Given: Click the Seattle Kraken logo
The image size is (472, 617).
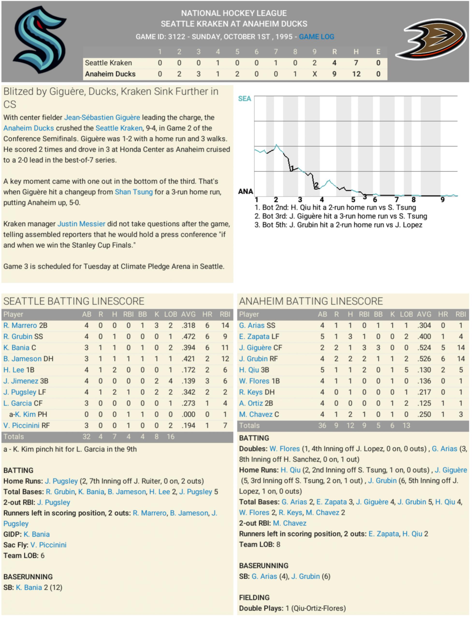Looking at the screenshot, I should click(x=40, y=40).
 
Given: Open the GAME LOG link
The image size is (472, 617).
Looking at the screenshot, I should click(x=316, y=37).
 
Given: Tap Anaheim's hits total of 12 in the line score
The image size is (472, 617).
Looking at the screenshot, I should click(x=356, y=74).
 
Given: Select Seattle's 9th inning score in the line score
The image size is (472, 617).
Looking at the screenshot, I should click(x=314, y=63).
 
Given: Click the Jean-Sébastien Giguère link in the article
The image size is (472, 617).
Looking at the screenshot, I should click(x=102, y=118).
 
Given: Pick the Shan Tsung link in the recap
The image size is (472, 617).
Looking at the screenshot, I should click(x=134, y=192).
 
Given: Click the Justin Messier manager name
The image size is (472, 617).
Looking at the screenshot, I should click(x=81, y=224).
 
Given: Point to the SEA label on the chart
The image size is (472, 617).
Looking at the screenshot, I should click(x=244, y=99).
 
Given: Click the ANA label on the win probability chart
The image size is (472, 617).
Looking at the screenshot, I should click(x=246, y=191).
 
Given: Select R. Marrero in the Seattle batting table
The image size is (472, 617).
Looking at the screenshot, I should click(x=20, y=326).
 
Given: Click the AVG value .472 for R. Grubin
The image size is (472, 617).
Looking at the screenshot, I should click(x=188, y=336).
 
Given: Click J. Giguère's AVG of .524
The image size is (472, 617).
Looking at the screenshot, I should click(x=424, y=348).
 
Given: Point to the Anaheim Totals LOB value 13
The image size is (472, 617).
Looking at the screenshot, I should click(x=406, y=426).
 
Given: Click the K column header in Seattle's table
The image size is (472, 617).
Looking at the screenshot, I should click(x=157, y=314).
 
